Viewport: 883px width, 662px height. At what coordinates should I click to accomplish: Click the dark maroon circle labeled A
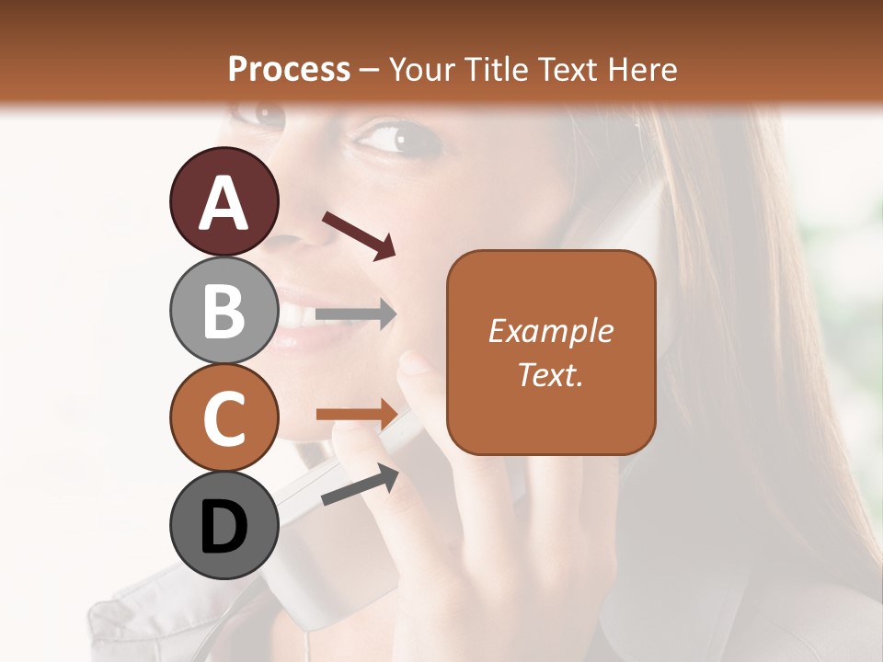click(x=224, y=201)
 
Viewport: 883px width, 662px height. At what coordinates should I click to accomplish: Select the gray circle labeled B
click(x=224, y=310)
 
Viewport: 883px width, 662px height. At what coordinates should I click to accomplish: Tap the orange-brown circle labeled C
click(x=224, y=417)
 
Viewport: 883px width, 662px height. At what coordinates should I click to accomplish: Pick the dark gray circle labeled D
click(x=224, y=526)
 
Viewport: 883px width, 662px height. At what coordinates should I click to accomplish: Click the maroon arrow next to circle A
click(x=359, y=235)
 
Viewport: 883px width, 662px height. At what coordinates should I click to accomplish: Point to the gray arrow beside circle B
click(x=356, y=314)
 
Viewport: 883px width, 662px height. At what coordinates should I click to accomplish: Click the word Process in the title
click(x=289, y=69)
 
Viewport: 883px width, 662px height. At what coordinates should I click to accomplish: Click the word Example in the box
click(x=550, y=331)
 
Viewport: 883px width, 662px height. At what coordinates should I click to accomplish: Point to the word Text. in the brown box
click(x=550, y=374)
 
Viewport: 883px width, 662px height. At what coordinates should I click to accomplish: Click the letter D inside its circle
click(x=224, y=528)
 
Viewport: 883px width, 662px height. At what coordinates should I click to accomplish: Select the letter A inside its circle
click(x=224, y=203)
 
